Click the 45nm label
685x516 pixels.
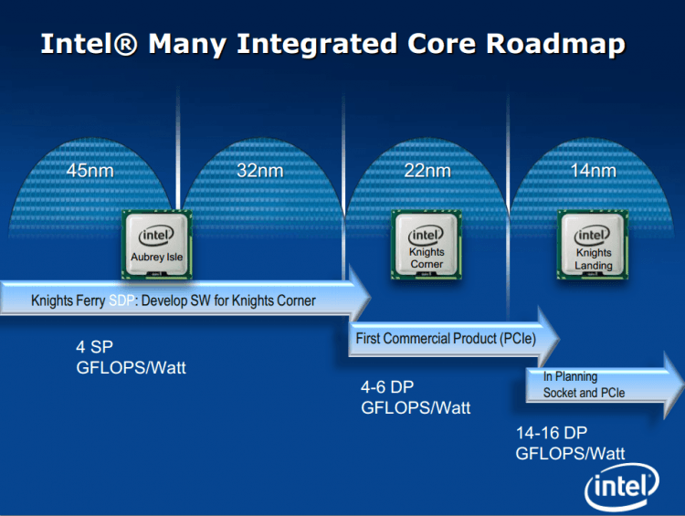pyautogui.click(x=89, y=171)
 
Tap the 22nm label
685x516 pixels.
pyautogui.click(x=427, y=171)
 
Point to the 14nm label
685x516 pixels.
pyautogui.click(x=593, y=171)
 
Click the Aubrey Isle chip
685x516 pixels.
pyautogui.click(x=157, y=244)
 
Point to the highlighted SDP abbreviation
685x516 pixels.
pyautogui.click(x=121, y=300)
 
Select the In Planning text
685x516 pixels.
pyautogui.click(x=570, y=376)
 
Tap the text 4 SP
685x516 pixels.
pyautogui.click(x=95, y=347)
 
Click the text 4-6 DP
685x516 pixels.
pyautogui.click(x=393, y=388)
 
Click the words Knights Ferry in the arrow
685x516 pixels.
pyautogui.click(x=68, y=300)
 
